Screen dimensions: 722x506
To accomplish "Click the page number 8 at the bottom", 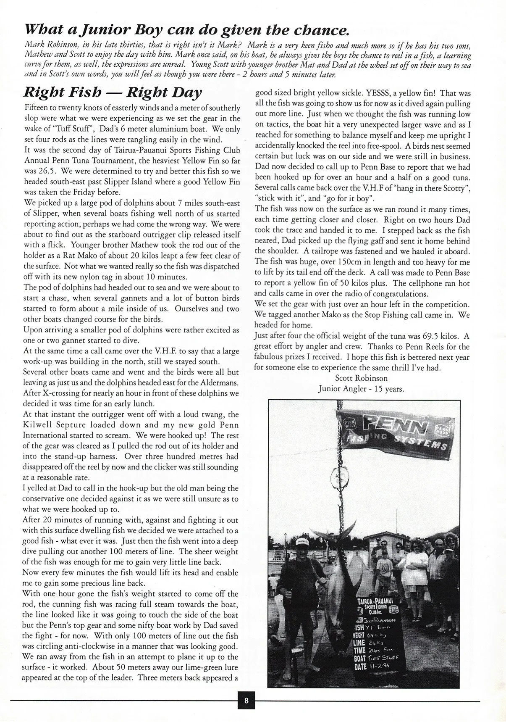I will [246, 701].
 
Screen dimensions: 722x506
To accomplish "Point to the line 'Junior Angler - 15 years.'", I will [361, 389].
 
